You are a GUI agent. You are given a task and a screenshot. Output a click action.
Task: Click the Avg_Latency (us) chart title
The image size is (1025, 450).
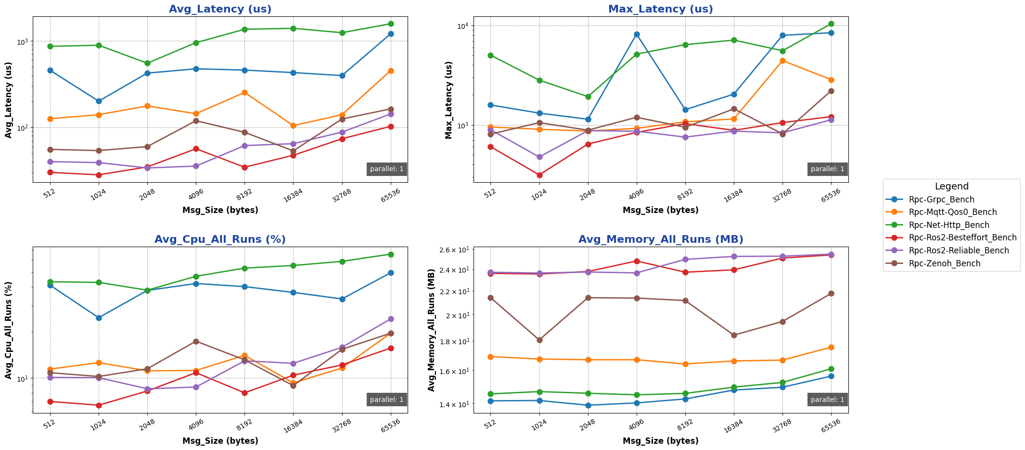[x=220, y=9]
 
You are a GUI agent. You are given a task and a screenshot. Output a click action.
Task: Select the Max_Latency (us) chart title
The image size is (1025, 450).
[x=661, y=9]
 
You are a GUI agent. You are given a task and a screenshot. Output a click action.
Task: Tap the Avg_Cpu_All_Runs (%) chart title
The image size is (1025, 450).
[x=220, y=239]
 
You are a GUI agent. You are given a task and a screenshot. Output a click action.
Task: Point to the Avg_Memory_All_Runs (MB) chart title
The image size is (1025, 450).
[x=661, y=239]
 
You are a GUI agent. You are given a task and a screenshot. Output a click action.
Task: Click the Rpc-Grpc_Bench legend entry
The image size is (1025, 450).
[x=941, y=200]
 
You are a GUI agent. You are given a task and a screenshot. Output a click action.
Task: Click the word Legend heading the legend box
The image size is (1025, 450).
[x=951, y=187]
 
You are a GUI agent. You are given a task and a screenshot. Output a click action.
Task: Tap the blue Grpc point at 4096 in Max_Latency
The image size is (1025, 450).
[x=637, y=35]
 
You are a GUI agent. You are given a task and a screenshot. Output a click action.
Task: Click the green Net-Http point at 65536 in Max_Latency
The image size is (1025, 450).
[x=831, y=24]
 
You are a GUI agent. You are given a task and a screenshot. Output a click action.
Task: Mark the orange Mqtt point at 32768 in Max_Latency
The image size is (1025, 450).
[x=782, y=61]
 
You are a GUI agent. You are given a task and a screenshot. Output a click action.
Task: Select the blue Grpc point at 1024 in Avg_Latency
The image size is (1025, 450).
[x=99, y=101]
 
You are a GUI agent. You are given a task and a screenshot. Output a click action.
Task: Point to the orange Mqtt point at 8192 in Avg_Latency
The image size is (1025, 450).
[x=244, y=92]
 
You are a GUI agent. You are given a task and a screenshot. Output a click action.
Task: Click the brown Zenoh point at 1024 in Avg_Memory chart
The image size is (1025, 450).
[x=539, y=340]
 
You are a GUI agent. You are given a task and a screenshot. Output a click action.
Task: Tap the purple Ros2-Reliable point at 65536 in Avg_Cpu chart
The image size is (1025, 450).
[x=391, y=319]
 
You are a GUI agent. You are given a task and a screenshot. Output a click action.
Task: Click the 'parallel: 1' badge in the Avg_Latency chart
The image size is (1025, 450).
[x=387, y=169]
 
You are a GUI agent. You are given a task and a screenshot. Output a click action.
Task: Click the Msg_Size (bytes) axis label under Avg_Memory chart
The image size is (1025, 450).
[x=661, y=441]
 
